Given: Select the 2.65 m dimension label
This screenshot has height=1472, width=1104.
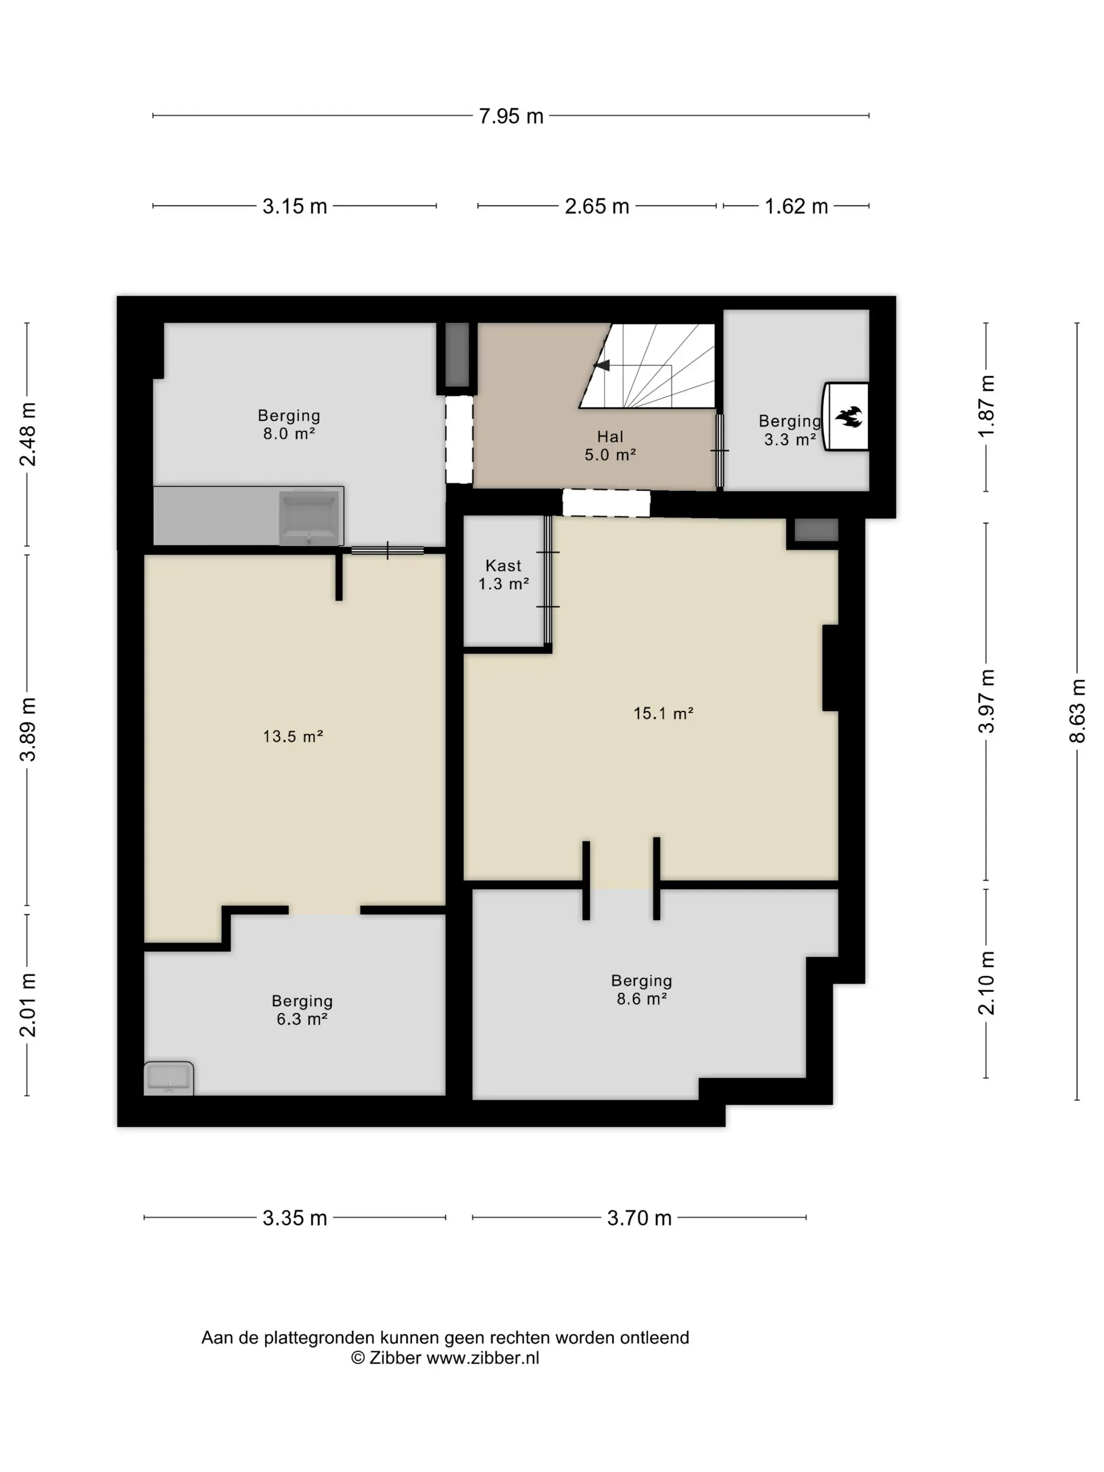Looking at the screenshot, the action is [597, 206].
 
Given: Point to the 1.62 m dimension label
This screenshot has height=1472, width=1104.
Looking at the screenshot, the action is [796, 206].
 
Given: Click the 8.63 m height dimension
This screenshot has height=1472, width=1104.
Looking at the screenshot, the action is [1077, 710].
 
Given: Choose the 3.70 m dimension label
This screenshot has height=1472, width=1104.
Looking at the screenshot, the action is [639, 1217].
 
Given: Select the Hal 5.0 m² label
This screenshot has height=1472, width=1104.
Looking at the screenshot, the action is [610, 445].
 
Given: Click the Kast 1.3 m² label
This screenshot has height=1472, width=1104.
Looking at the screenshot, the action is [503, 574].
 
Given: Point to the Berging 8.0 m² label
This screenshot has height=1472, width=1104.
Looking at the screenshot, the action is [289, 424].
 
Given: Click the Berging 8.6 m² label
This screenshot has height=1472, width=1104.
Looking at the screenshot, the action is [641, 989].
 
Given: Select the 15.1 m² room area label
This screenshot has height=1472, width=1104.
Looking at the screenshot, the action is [663, 713].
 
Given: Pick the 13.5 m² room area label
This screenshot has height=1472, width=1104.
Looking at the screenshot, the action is [293, 736].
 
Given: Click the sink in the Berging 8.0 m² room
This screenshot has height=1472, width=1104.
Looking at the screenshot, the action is [309, 518].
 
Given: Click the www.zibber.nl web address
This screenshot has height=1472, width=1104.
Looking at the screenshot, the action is [483, 1357].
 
